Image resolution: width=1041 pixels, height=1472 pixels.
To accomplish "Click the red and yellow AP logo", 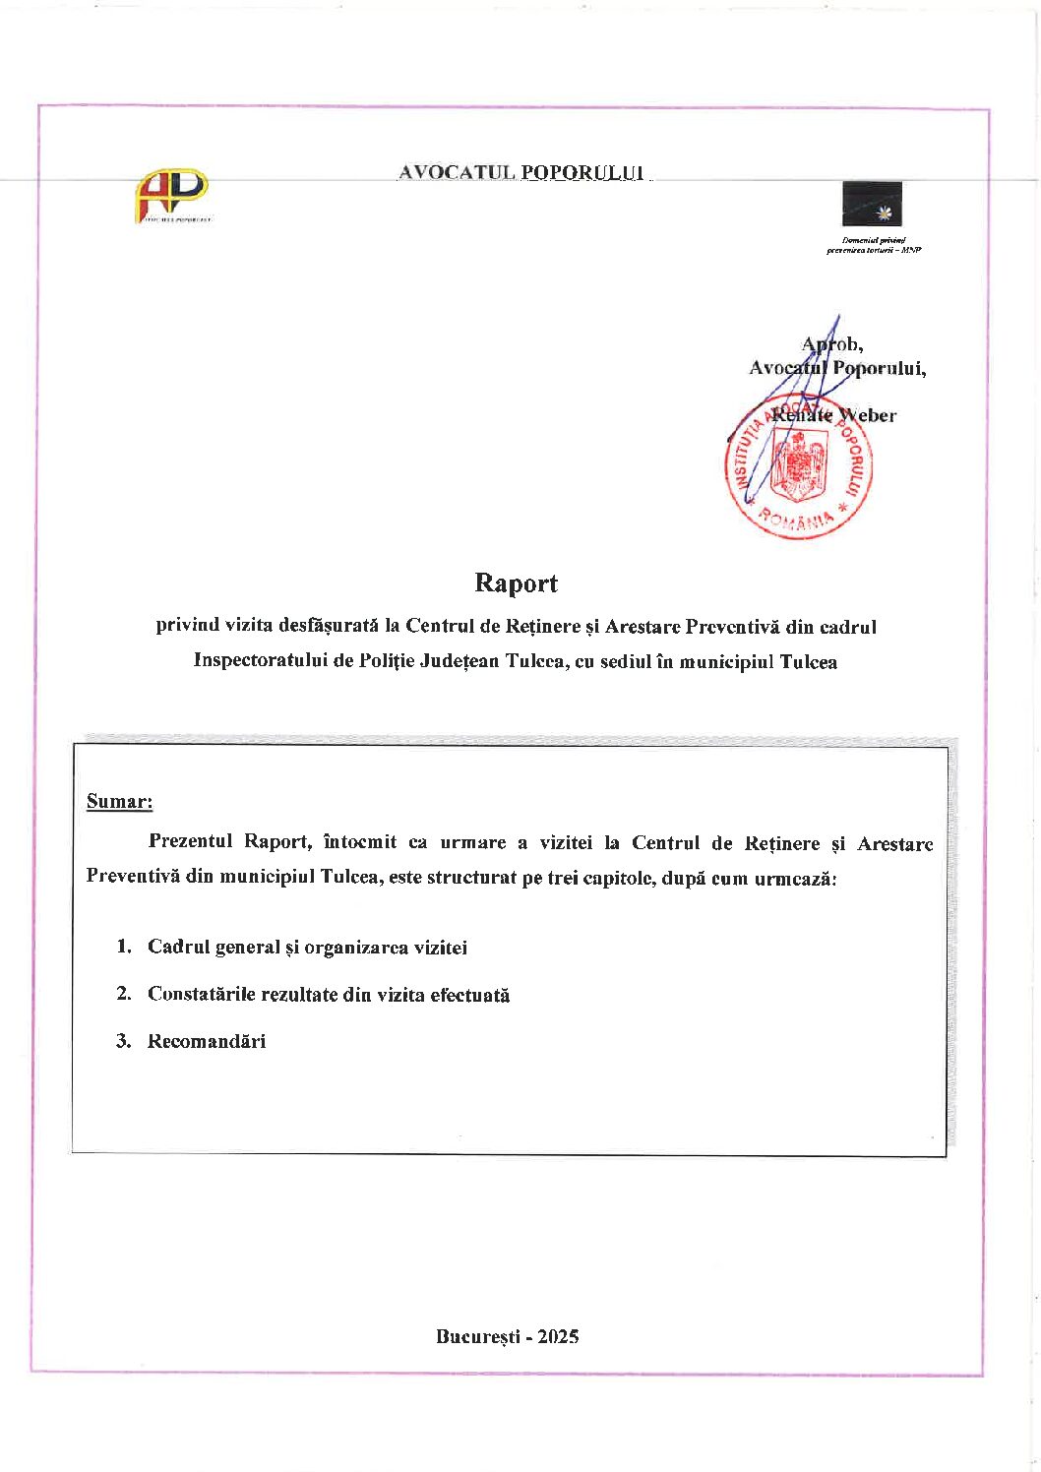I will pyautogui.click(x=172, y=193).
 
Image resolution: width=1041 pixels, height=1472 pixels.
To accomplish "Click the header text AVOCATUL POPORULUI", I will pyautogui.click(x=521, y=173).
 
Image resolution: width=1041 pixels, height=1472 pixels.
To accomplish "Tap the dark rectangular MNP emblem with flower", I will pyautogui.click(x=872, y=204).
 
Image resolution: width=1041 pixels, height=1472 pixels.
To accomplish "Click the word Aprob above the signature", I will pyautogui.click(x=831, y=344).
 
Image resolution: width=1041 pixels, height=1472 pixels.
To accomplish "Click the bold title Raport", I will pyautogui.click(x=516, y=583).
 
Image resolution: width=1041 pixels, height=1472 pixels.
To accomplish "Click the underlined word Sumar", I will pyautogui.click(x=119, y=801).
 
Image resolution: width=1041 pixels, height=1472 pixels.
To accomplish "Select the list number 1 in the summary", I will pyautogui.click(x=123, y=947).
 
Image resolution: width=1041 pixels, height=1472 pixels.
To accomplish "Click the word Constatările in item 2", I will pyautogui.click(x=201, y=994).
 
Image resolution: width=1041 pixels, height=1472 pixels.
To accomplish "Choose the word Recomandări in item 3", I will pyautogui.click(x=207, y=1041).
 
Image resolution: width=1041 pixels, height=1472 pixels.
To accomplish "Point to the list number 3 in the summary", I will pyautogui.click(x=123, y=1041).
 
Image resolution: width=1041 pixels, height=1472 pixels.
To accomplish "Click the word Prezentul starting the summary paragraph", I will pyautogui.click(x=190, y=841).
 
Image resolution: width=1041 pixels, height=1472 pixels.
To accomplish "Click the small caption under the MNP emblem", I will pyautogui.click(x=874, y=245).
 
